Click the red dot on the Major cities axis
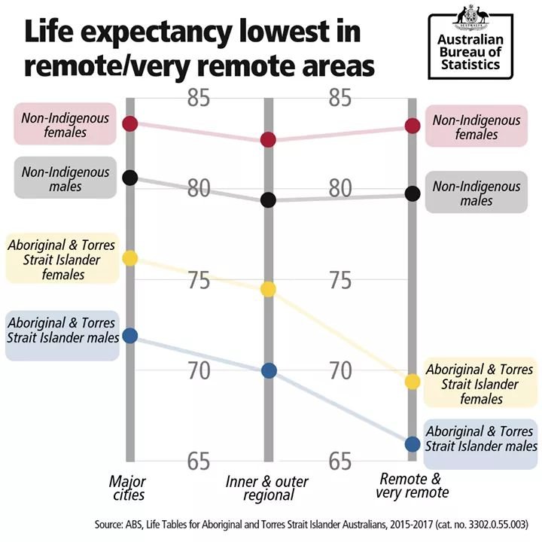[x=130, y=123]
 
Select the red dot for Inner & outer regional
[x=268, y=140]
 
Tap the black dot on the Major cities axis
[x=130, y=178]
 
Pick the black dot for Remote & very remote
[x=411, y=193]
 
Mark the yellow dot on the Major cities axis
[x=130, y=258]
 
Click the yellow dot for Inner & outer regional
[x=268, y=289]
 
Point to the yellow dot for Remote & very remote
[x=411, y=382]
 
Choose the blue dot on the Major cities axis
[x=130, y=335]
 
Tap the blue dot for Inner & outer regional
[x=268, y=370]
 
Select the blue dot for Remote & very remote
[x=411, y=444]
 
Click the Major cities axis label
[x=127, y=488]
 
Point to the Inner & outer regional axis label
[x=266, y=489]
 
